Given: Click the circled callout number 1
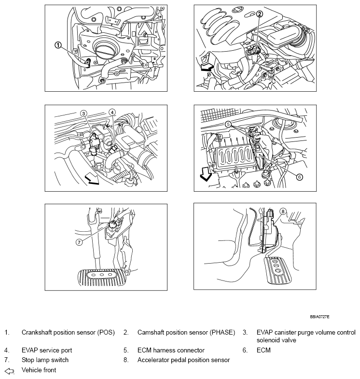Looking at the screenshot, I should click(x=58, y=45).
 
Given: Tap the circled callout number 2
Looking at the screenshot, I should click(x=260, y=14).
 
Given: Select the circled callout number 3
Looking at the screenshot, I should click(x=83, y=113).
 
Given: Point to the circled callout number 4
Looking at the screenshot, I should click(x=112, y=112).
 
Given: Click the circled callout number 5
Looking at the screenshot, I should click(x=228, y=124).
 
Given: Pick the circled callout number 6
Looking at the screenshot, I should click(x=299, y=177).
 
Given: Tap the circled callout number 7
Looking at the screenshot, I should click(x=80, y=242).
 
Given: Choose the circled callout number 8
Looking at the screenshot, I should click(x=283, y=211).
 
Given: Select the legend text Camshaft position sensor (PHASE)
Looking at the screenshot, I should click(x=186, y=333).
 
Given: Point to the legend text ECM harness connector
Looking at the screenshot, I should click(x=171, y=350).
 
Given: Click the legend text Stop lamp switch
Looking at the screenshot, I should click(x=45, y=360).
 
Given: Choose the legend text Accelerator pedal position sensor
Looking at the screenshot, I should click(x=183, y=360).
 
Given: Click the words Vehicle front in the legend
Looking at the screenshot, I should click(x=39, y=370).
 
